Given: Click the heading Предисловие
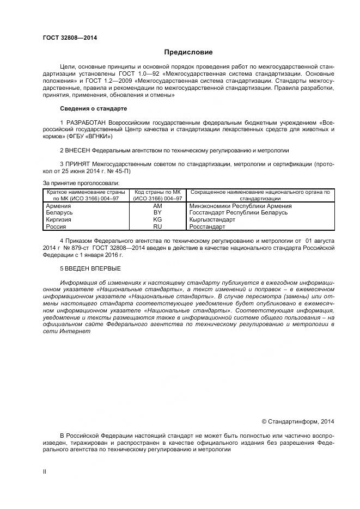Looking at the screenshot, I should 188,52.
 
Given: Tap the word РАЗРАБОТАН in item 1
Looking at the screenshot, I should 86,121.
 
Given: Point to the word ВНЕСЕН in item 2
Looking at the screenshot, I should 78,150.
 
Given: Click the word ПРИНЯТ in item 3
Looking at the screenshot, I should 78,164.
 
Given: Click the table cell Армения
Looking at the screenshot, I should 58,206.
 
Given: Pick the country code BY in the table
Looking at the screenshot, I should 157,213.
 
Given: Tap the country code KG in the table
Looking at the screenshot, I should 157,219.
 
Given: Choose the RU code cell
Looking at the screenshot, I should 157,226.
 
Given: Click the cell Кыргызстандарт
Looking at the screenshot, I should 212,219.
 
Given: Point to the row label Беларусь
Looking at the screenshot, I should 59,213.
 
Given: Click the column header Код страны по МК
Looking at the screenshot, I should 157,192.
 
